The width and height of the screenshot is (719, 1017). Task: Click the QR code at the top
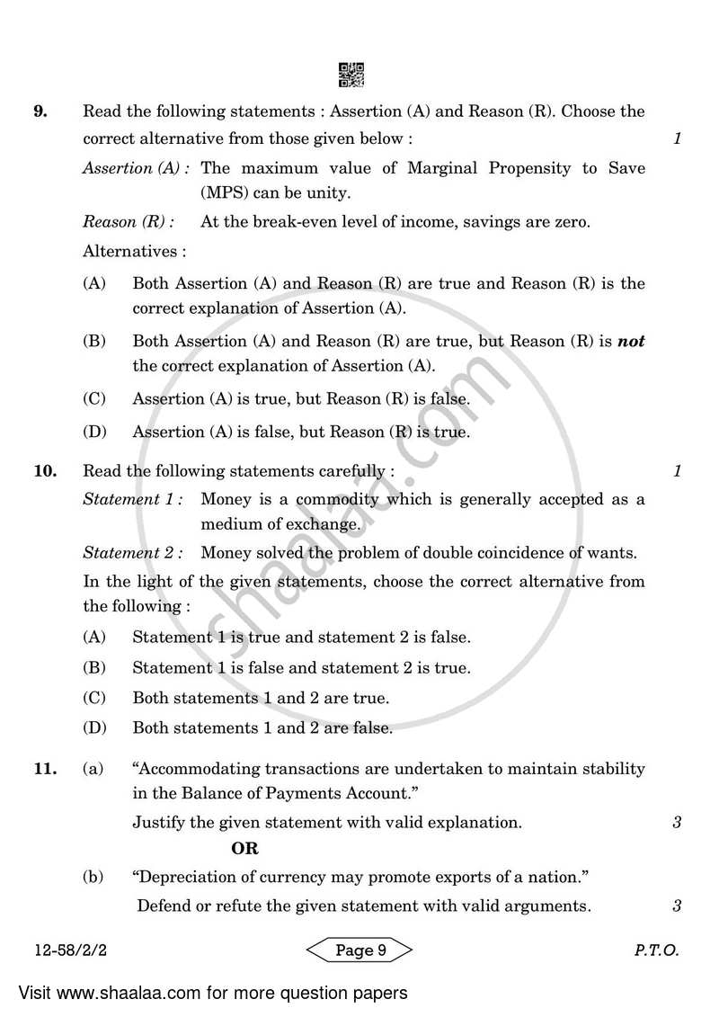click(x=351, y=75)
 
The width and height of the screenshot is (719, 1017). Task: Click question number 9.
click(x=40, y=112)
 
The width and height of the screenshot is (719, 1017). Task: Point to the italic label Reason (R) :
click(x=129, y=222)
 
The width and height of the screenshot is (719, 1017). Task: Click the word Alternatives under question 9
click(x=134, y=251)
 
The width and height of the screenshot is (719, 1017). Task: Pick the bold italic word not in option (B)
click(x=632, y=342)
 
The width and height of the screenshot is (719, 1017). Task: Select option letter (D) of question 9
click(x=94, y=433)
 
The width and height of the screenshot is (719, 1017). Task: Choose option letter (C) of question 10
click(x=94, y=698)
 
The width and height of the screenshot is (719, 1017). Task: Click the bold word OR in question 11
click(x=244, y=848)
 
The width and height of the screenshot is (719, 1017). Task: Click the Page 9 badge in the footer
click(x=359, y=950)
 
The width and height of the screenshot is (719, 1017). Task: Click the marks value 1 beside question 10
click(x=677, y=471)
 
